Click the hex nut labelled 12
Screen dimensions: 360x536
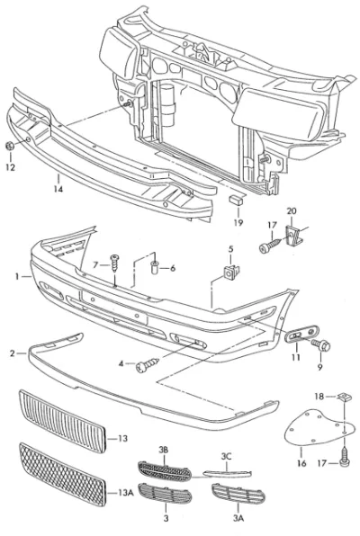click(x=10, y=146)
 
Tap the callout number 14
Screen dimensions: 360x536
click(x=58, y=188)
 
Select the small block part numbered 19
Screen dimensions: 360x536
click(x=236, y=200)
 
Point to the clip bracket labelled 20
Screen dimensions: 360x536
click(x=292, y=235)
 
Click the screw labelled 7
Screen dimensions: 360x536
click(x=114, y=263)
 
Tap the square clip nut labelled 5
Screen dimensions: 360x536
click(x=231, y=272)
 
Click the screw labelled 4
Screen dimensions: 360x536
click(x=148, y=365)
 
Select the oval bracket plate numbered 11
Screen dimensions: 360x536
click(x=301, y=334)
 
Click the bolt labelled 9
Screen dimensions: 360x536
click(x=321, y=344)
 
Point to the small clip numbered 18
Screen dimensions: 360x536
click(x=342, y=397)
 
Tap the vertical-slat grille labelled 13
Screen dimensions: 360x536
click(x=62, y=421)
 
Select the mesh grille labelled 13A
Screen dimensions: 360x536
click(x=62, y=475)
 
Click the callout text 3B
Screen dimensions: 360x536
click(x=163, y=450)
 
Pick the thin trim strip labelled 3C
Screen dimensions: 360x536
click(x=227, y=473)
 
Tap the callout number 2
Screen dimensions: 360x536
click(x=13, y=353)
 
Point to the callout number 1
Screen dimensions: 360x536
click(x=17, y=276)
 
